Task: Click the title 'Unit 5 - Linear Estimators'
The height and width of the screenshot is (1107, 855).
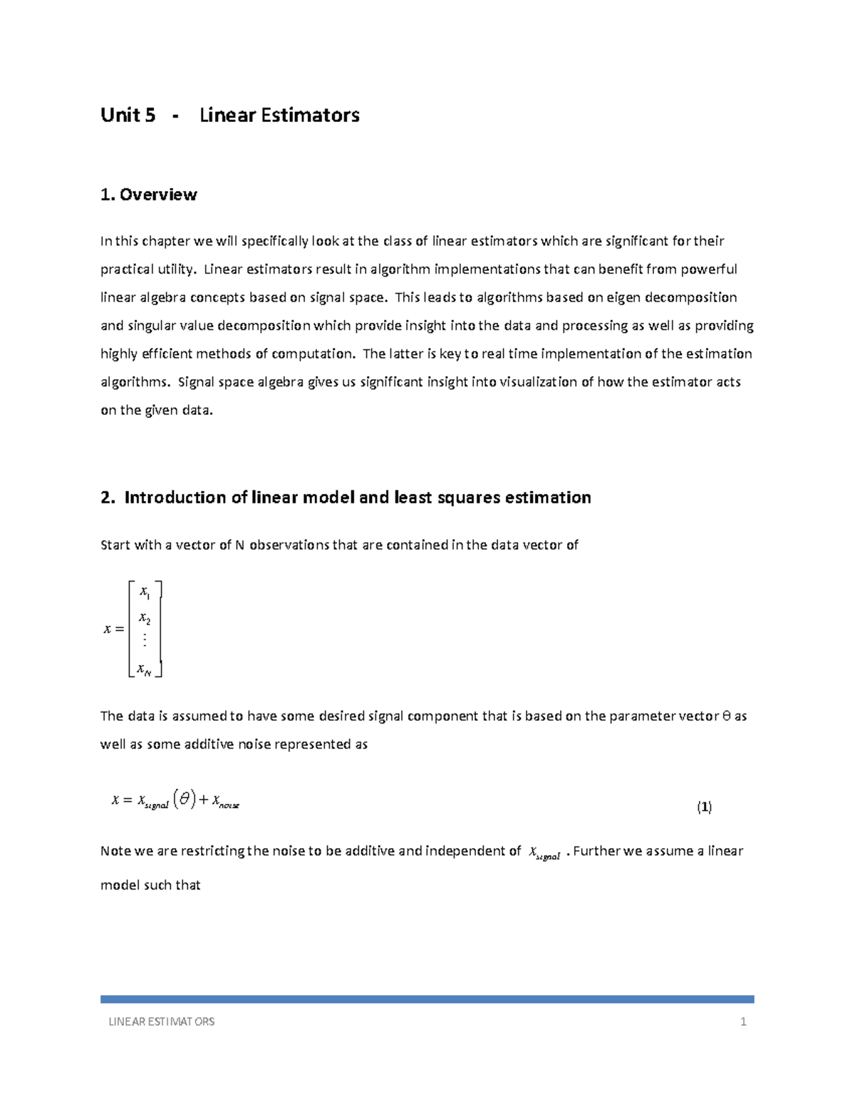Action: (x=229, y=115)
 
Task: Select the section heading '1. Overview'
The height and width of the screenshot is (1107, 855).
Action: (x=149, y=195)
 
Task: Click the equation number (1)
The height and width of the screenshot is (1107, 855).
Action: (x=704, y=807)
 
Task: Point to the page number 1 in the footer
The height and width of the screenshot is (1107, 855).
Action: (x=743, y=1021)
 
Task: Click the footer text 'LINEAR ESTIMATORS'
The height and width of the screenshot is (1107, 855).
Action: (x=161, y=1021)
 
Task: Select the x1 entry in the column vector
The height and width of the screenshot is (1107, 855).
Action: (x=144, y=592)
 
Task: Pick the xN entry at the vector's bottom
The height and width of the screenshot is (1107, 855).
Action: (x=144, y=669)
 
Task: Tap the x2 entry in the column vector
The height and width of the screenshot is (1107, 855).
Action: (x=144, y=618)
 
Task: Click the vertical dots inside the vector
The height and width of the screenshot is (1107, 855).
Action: (x=145, y=640)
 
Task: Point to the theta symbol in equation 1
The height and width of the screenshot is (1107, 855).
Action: (x=185, y=800)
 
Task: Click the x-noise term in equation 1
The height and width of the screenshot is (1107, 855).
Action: (x=225, y=802)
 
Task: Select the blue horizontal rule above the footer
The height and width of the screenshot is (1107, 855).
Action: (x=427, y=999)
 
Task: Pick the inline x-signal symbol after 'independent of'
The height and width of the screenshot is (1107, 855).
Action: (x=544, y=853)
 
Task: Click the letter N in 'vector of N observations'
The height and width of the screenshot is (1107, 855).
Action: (x=239, y=545)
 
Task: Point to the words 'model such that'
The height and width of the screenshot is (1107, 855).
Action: (x=150, y=885)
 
